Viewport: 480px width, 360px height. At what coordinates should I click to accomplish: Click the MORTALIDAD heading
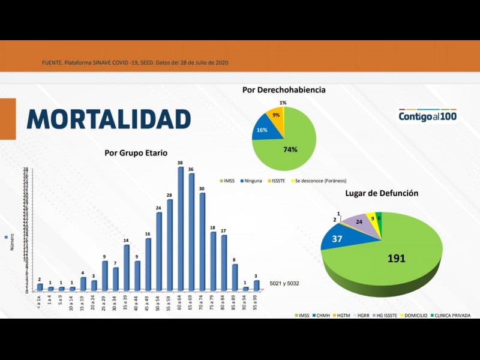[x=109, y=119]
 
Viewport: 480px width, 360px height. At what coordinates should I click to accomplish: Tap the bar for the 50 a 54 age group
[x=159, y=252]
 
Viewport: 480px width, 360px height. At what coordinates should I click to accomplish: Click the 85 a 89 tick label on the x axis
[x=235, y=304]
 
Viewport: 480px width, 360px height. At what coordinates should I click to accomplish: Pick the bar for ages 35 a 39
[x=127, y=268]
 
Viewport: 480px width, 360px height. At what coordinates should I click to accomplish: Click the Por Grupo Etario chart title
[x=136, y=153]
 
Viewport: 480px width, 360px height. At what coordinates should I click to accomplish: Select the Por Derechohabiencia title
[x=284, y=89]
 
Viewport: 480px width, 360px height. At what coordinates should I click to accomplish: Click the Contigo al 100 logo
[x=427, y=115]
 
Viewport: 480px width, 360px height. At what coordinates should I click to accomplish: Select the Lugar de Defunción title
[x=382, y=193]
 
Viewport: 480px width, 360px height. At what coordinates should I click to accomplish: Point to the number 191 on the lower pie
[x=396, y=259]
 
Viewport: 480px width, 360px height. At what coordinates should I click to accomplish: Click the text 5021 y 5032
[x=284, y=283]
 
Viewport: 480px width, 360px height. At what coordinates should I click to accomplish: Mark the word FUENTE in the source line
[x=53, y=63]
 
